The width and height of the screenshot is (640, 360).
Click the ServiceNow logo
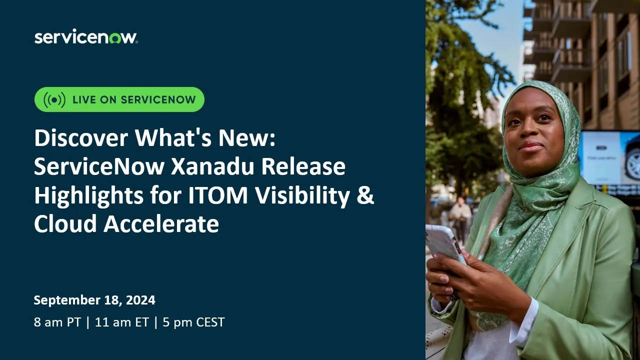(85, 37)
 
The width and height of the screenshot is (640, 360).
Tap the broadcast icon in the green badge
(54, 99)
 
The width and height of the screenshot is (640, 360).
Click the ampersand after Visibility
(365, 196)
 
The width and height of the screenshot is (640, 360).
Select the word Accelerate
(161, 224)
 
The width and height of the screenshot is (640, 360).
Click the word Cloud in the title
(65, 224)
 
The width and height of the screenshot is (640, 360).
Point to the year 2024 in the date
(140, 300)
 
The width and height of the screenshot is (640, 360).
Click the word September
(66, 300)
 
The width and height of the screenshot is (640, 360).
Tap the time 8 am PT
(56, 322)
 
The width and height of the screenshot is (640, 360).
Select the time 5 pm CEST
(193, 322)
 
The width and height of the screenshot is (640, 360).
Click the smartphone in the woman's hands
(444, 245)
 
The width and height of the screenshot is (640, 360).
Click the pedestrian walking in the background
(459, 215)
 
